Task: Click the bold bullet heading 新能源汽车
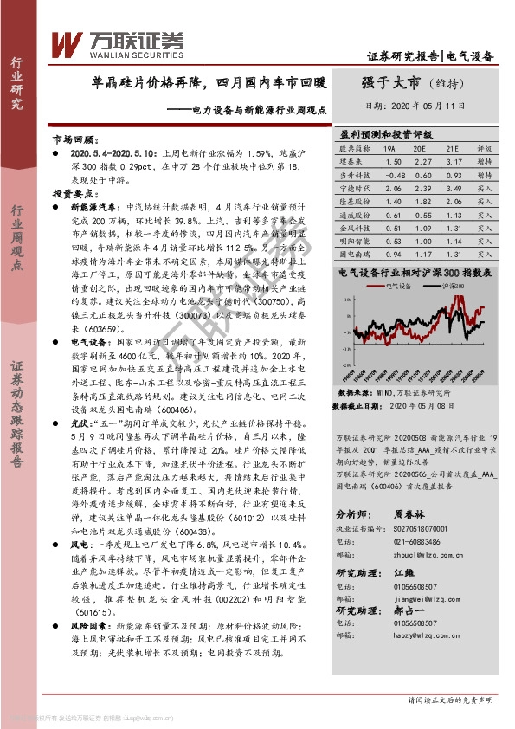point(93,207)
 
